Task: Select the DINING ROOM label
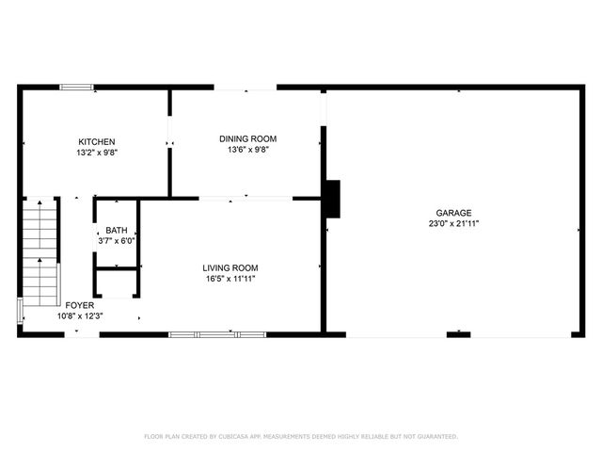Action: [248, 138]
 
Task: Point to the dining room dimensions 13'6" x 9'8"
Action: [248, 150]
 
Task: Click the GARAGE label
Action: [453, 213]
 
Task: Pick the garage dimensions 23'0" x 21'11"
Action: [453, 224]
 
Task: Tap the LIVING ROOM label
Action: [230, 266]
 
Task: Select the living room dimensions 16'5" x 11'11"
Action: [230, 278]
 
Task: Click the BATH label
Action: [117, 230]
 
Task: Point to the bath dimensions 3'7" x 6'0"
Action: [117, 241]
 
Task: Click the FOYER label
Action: [79, 305]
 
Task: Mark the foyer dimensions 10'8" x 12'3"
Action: [79, 316]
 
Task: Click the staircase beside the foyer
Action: [40, 254]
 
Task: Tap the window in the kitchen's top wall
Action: [77, 88]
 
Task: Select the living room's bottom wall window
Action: [204, 333]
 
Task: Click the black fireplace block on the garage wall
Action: [332, 199]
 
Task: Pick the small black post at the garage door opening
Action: [458, 333]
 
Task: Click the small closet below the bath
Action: [117, 282]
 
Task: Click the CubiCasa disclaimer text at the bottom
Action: [301, 436]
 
